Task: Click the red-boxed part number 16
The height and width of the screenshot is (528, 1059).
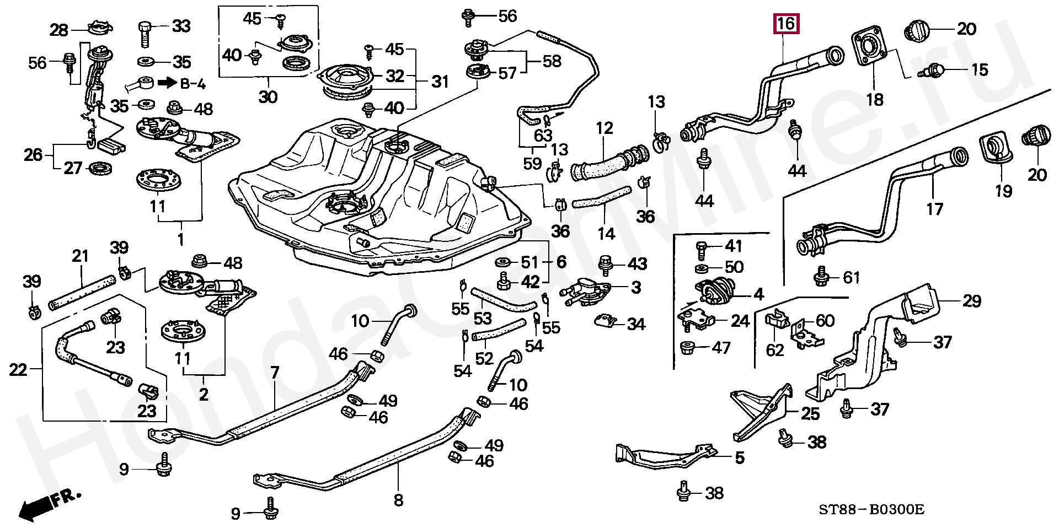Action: point(786,24)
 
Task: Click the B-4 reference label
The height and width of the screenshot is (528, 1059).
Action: point(181,84)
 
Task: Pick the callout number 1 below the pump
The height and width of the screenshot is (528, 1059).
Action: point(180,240)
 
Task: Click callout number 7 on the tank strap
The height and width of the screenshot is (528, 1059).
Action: point(274,374)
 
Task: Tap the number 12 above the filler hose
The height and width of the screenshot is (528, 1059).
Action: point(605,128)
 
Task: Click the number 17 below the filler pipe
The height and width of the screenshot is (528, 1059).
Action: point(935,209)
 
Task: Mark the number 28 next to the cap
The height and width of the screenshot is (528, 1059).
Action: point(60,29)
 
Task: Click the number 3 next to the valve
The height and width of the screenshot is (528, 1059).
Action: point(636,287)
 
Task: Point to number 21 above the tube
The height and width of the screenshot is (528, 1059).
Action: point(81,256)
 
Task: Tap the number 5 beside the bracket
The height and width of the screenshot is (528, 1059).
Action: point(739,457)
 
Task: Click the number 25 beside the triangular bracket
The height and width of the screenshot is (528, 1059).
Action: point(810,413)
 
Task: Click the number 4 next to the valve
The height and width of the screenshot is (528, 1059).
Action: point(758,294)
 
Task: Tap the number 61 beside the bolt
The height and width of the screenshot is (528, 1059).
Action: point(851,277)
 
